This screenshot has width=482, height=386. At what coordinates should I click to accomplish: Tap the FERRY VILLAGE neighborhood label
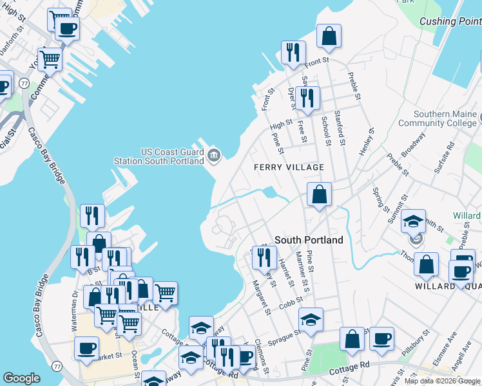coord(289,167)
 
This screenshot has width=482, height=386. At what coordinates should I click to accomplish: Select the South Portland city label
coord(309,239)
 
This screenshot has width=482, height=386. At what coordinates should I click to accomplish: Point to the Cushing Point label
coord(450,21)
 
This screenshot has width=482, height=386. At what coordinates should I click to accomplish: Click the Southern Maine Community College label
coord(436,118)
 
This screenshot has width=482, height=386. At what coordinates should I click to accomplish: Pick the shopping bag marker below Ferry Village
coord(320,194)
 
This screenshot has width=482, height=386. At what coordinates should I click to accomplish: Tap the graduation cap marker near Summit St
coord(412,221)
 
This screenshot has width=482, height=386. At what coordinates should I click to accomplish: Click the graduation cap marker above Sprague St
coord(311,320)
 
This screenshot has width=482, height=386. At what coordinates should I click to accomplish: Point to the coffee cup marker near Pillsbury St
coord(381,338)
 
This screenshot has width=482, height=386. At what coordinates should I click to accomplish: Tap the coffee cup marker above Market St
coord(86,348)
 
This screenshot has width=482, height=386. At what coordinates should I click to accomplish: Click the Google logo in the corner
coord(21,379)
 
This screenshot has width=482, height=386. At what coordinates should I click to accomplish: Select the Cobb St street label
coord(291,304)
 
